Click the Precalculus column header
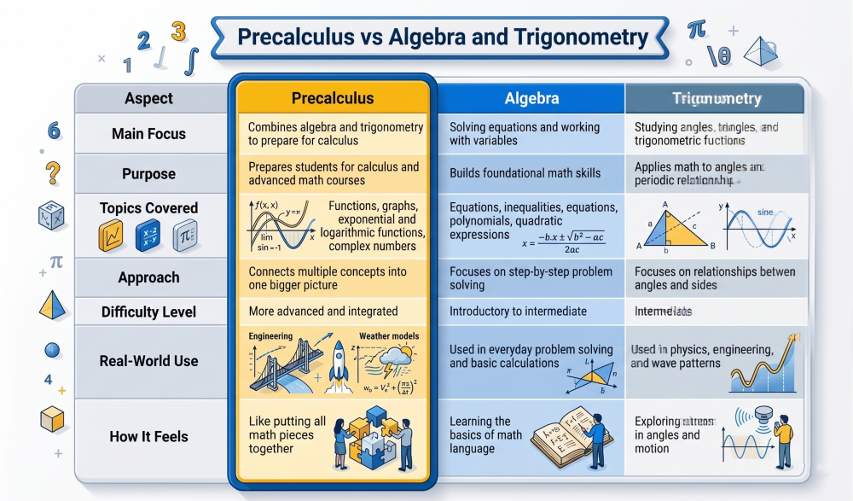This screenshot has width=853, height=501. pyautogui.click(x=333, y=98)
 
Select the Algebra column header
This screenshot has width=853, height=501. pyautogui.click(x=531, y=98)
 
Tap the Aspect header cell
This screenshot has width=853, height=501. pyautogui.click(x=148, y=98)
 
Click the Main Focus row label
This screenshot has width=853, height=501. pyautogui.click(x=148, y=134)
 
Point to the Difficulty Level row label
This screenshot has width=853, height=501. pyautogui.click(x=148, y=312)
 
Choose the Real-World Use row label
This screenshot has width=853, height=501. pyautogui.click(x=148, y=361)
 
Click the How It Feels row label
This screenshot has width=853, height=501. pyautogui.click(x=148, y=437)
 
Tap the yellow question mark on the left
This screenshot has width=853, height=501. pyautogui.click(x=53, y=172)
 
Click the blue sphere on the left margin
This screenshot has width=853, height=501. pyautogui.click(x=53, y=349)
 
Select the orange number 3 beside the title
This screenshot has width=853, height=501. pyautogui.click(x=177, y=32)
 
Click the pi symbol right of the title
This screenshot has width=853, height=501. pyautogui.click(x=697, y=31)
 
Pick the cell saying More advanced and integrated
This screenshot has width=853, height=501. pyautogui.click(x=323, y=312)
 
